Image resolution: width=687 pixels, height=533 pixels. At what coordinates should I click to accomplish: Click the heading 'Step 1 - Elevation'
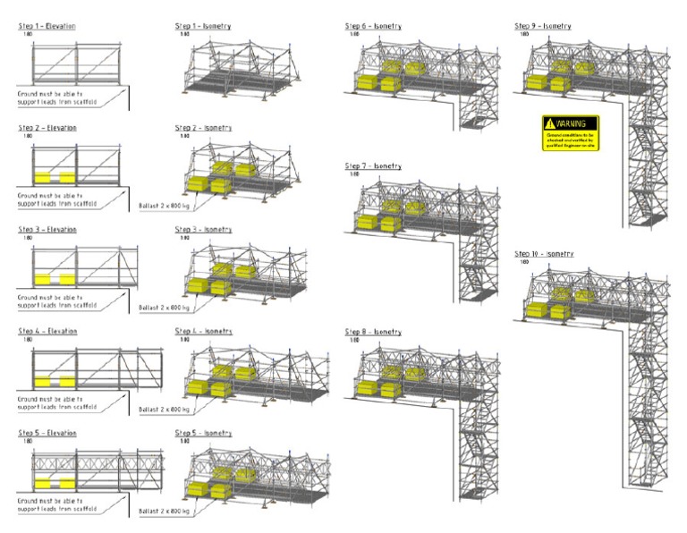47,27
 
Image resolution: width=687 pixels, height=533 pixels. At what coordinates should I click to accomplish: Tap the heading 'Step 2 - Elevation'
47,128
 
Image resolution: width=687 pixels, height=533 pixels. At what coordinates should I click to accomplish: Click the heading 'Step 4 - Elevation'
47,331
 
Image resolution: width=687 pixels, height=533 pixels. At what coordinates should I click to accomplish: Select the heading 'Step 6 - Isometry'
373,27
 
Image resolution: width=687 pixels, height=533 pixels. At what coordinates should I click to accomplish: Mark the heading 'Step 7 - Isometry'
373,166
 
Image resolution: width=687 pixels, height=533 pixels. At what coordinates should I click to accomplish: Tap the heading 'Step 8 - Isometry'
373,332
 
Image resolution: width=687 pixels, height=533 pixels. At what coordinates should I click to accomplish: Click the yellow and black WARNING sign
570,132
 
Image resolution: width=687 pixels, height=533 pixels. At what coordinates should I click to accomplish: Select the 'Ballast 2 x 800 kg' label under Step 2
165,206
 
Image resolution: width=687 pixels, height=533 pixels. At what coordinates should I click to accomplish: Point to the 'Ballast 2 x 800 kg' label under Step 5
165,511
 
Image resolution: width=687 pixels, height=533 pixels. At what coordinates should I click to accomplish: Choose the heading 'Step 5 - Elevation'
47,433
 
